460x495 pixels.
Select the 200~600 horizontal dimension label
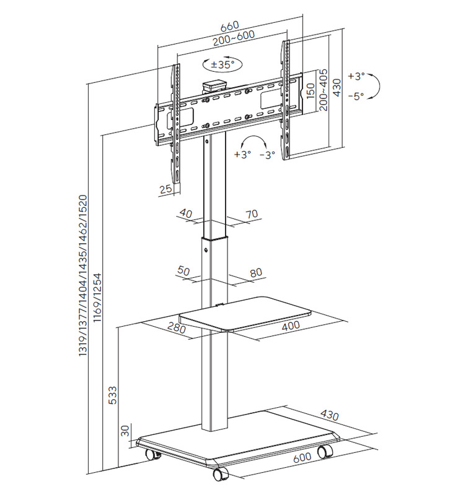[229, 38]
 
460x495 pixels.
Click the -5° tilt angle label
[356, 96]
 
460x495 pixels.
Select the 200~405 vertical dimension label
[323, 90]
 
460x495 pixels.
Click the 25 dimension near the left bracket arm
[165, 190]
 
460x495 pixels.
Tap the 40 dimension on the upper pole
[185, 213]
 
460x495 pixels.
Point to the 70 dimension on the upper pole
[251, 214]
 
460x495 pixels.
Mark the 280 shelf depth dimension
[177, 329]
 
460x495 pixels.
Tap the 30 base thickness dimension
[125, 429]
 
